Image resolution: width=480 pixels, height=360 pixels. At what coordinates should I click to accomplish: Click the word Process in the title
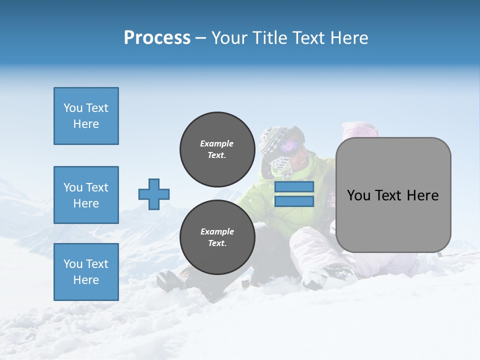click(x=157, y=38)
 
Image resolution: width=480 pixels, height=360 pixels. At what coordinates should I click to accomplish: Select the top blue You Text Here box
click(x=86, y=116)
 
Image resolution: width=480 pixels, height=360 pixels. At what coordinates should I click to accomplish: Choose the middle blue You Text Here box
click(x=86, y=195)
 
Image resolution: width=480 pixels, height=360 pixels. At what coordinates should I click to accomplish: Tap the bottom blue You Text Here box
click(x=86, y=272)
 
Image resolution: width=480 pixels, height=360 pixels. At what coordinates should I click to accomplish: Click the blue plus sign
click(x=154, y=194)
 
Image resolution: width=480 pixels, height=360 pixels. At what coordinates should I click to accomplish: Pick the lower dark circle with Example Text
click(x=217, y=237)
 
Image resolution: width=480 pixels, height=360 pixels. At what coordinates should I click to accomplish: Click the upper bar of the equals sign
click(x=294, y=187)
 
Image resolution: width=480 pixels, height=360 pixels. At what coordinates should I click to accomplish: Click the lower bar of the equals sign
click(x=294, y=201)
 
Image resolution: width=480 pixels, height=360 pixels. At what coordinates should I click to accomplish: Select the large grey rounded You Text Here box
click(x=393, y=195)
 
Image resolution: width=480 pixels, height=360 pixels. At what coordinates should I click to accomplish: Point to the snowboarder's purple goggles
click(x=290, y=145)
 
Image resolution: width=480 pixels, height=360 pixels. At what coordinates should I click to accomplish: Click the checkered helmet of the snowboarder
click(x=272, y=137)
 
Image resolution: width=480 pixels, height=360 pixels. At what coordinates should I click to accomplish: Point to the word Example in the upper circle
click(x=217, y=143)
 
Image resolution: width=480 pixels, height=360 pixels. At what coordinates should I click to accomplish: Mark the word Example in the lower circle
click(x=217, y=231)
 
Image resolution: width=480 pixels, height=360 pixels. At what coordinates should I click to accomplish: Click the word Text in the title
click(x=308, y=38)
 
